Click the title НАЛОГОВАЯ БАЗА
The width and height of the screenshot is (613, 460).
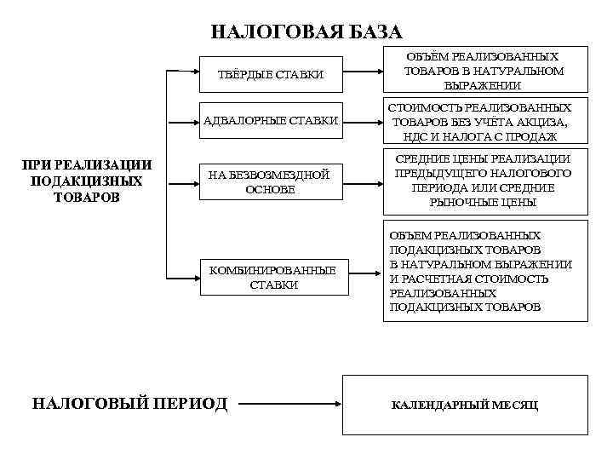pyautogui.click(x=306, y=32)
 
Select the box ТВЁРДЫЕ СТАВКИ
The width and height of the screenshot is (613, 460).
pyautogui.click(x=272, y=75)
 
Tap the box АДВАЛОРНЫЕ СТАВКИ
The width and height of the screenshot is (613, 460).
pyautogui.click(x=272, y=120)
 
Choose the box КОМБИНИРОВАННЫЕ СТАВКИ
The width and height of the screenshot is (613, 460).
pyautogui.click(x=273, y=278)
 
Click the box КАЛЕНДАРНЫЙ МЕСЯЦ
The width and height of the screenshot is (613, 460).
pyautogui.click(x=464, y=404)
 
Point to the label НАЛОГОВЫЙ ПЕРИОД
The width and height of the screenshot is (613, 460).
pyautogui.click(x=129, y=402)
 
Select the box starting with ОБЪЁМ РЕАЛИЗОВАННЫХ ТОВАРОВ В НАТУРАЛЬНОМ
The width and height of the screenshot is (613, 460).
pyautogui.click(x=479, y=71)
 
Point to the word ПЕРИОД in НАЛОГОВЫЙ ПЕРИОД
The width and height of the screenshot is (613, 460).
pyautogui.click(x=194, y=402)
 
